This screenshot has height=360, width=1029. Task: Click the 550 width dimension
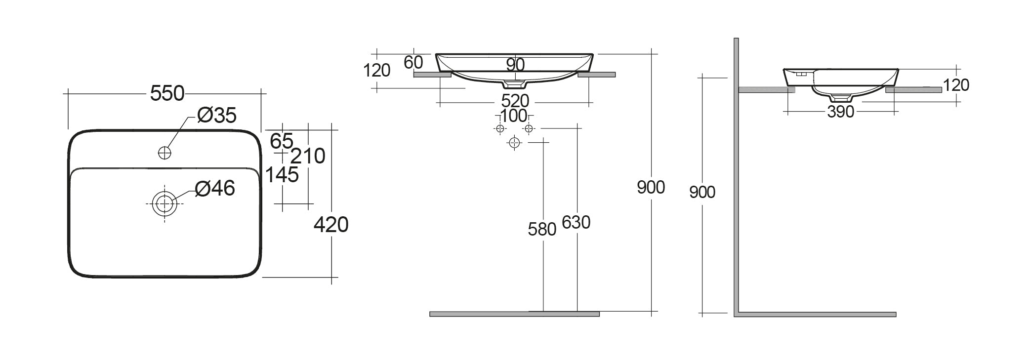point(167,93)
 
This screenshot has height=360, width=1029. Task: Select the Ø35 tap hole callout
point(217,116)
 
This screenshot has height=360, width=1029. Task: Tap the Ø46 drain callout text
point(215,188)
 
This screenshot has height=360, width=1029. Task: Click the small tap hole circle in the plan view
point(165,153)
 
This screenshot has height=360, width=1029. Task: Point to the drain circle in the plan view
point(165,203)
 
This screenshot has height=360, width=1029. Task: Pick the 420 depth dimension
point(331,225)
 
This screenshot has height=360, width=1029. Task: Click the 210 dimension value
point(308,156)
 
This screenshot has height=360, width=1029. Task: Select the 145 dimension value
point(282,175)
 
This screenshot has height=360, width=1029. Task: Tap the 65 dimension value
point(282,141)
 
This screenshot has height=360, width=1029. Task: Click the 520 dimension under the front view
point(515,101)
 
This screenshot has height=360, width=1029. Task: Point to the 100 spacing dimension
point(513,116)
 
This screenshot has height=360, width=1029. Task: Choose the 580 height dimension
point(542,229)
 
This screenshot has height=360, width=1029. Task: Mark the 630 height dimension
point(576,223)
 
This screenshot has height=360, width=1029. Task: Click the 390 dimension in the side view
point(840,112)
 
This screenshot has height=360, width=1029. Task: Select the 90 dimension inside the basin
point(515,65)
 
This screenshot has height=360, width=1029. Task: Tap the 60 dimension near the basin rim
point(413,62)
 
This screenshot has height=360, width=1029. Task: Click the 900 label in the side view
point(702,192)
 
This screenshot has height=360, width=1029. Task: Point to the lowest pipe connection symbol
point(515,143)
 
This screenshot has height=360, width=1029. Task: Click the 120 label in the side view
point(956,85)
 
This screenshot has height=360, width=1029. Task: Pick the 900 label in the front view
point(651,188)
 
